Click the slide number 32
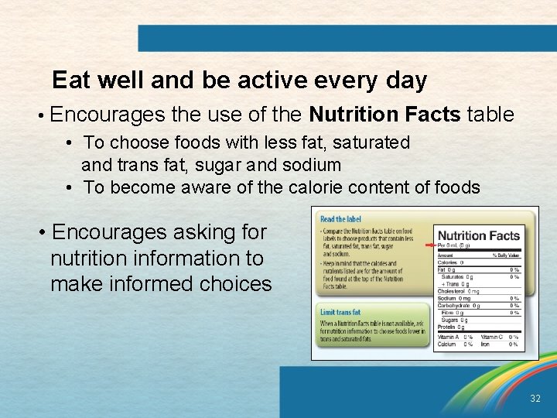[x=535, y=399]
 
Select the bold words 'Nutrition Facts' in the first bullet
[x=384, y=115]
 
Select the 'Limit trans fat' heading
[x=340, y=312]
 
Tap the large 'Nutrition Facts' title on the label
[x=477, y=235]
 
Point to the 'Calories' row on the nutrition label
[x=449, y=262]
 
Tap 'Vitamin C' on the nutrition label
[x=493, y=337]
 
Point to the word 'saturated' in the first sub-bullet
[x=372, y=142]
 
